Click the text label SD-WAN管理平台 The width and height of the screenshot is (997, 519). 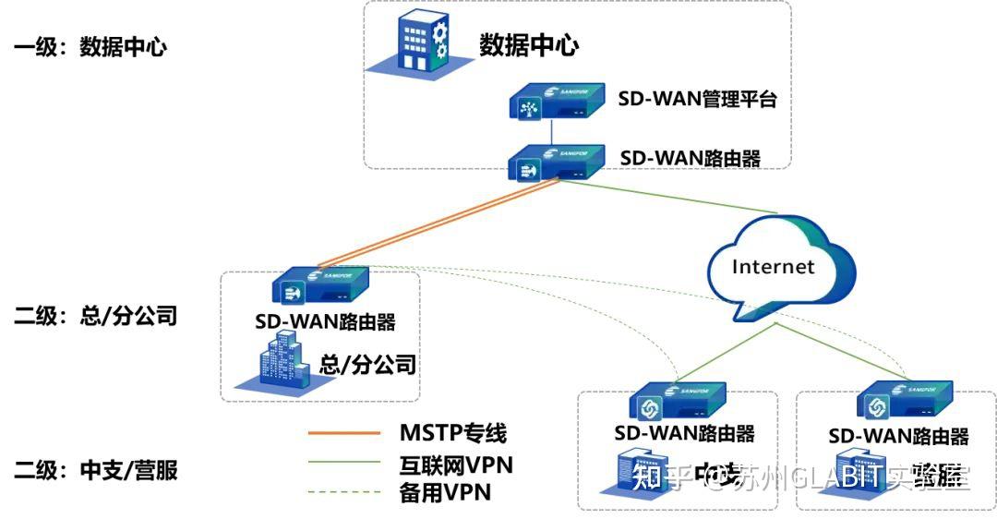click(697, 99)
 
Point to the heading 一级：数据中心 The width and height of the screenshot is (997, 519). click(90, 47)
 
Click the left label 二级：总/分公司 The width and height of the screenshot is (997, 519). click(95, 317)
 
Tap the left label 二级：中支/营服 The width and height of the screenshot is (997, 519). click(95, 471)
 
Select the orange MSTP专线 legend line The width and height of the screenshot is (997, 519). click(343, 433)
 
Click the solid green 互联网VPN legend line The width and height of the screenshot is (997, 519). click(343, 463)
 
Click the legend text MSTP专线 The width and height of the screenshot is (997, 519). click(452, 432)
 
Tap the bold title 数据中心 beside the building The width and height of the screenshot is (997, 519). click(528, 44)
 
